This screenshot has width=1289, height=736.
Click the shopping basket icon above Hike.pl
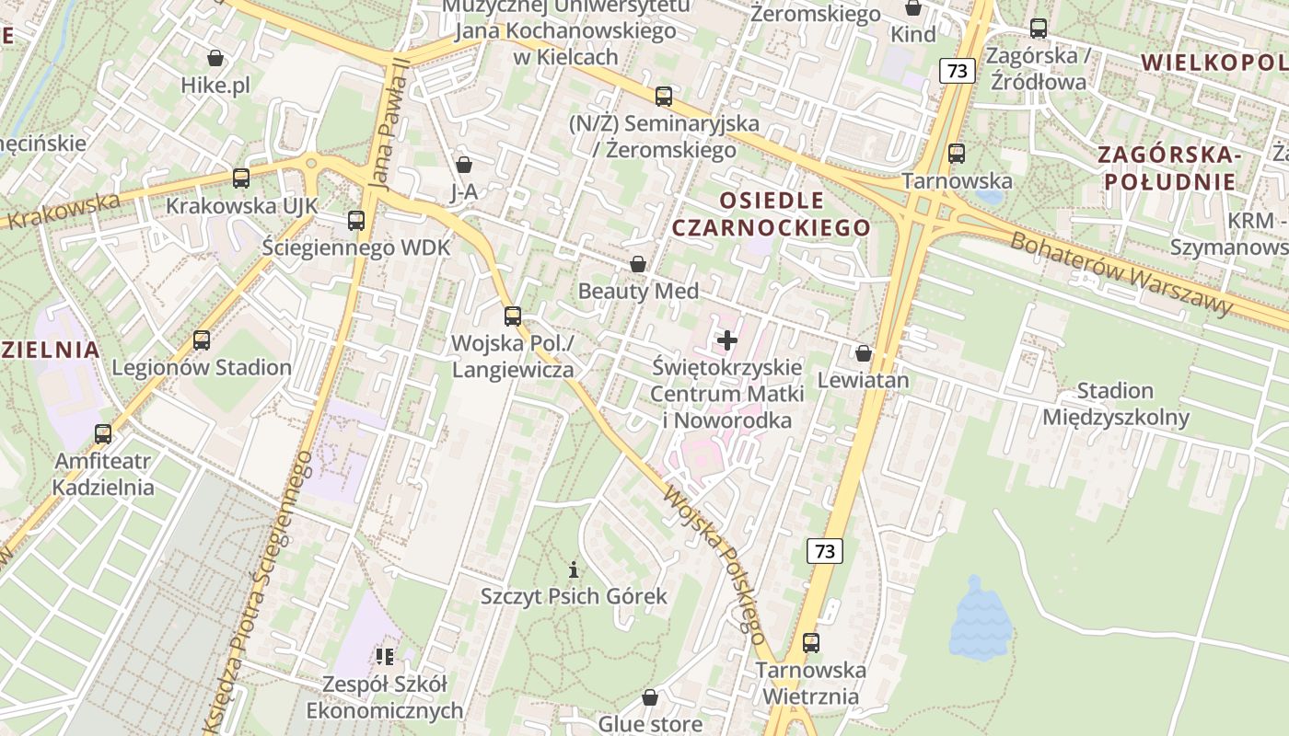point(215,59)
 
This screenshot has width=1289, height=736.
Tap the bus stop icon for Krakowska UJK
point(241,178)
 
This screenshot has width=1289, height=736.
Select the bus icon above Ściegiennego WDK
point(356,221)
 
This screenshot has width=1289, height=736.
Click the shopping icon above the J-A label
point(464,165)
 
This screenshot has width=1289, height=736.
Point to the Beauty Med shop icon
point(637,265)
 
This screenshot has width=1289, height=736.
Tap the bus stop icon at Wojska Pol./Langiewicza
point(513,316)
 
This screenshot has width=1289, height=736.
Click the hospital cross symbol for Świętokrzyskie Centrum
point(727,340)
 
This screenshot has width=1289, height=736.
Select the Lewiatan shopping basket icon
point(864,353)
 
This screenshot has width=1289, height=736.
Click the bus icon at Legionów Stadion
point(202,340)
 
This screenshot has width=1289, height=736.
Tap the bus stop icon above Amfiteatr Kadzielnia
point(103,434)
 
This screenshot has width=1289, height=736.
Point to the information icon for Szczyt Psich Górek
point(574,569)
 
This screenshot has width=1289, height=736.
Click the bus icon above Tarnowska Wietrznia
point(810,643)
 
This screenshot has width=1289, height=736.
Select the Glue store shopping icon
point(650,697)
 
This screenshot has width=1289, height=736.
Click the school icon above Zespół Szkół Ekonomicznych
point(384,657)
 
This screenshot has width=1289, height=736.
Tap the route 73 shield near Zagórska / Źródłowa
point(958,71)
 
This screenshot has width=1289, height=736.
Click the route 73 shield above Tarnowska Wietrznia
point(825,551)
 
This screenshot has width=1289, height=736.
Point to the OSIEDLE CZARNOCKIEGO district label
point(772,213)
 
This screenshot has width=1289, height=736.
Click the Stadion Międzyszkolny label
point(1116,404)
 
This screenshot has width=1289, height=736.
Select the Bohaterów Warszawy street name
point(1121,273)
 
